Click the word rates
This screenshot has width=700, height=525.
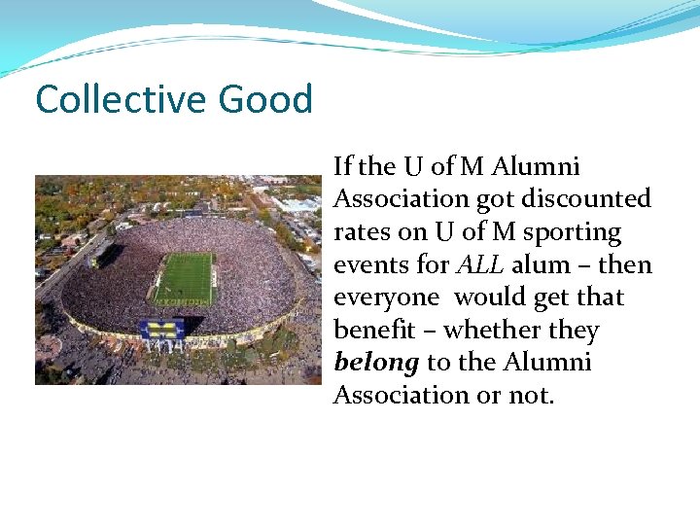361,232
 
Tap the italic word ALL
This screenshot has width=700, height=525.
480,265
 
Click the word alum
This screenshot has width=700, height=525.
541,265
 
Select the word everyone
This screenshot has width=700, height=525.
385,297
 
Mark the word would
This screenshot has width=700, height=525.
490,297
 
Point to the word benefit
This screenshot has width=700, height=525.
373,331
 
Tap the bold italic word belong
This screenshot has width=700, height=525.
376,364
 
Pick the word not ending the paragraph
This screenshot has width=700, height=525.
533,396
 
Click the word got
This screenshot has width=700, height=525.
495,199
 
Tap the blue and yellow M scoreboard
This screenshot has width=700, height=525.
162,329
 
